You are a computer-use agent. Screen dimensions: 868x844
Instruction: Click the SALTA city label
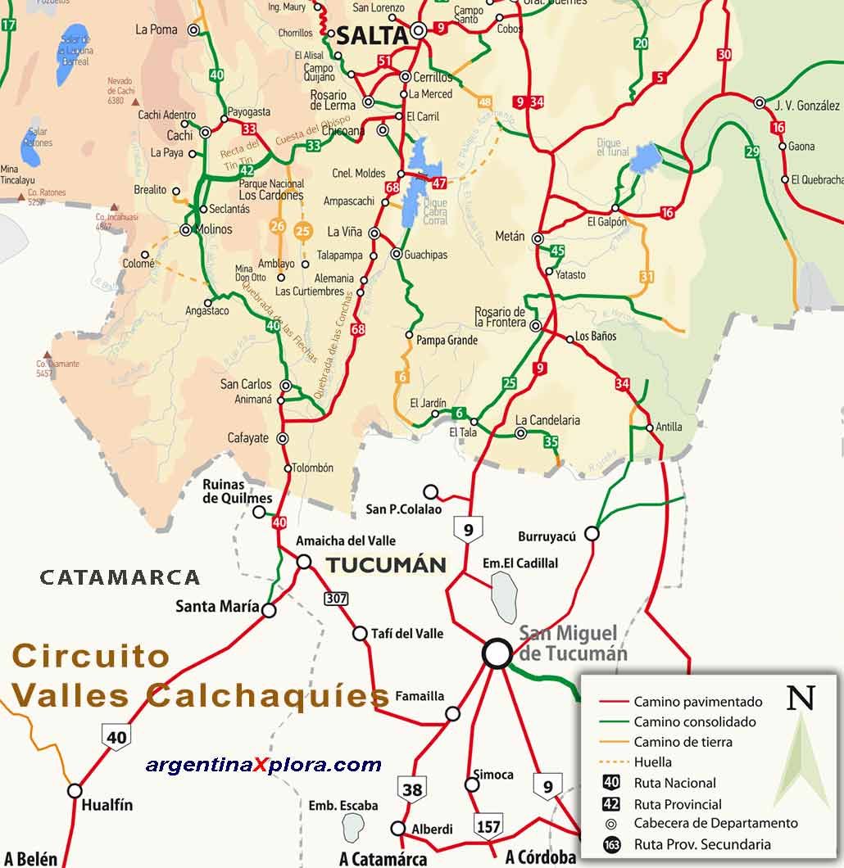click(x=371, y=35)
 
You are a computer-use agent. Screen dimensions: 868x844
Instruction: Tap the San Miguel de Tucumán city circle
click(x=497, y=653)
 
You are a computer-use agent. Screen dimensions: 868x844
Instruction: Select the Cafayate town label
click(x=247, y=438)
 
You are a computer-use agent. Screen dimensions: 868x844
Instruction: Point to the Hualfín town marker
click(x=75, y=791)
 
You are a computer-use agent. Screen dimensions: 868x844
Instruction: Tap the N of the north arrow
click(x=801, y=698)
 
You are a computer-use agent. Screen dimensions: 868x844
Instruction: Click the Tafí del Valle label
click(x=407, y=633)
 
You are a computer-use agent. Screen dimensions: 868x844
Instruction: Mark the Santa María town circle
click(x=269, y=610)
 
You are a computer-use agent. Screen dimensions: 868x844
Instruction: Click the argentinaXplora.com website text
click(x=263, y=765)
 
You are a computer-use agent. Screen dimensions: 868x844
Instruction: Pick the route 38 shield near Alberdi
click(x=412, y=789)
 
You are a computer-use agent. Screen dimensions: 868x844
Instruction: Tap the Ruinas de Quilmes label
click(x=237, y=491)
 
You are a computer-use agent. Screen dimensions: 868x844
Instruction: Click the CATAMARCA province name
click(x=120, y=577)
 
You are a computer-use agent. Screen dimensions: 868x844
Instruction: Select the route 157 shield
click(x=488, y=826)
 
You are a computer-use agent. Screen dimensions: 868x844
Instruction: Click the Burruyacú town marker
click(x=592, y=534)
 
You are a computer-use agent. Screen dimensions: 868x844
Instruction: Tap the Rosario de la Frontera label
click(x=501, y=317)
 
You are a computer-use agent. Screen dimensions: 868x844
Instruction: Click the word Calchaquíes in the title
click(x=267, y=696)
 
